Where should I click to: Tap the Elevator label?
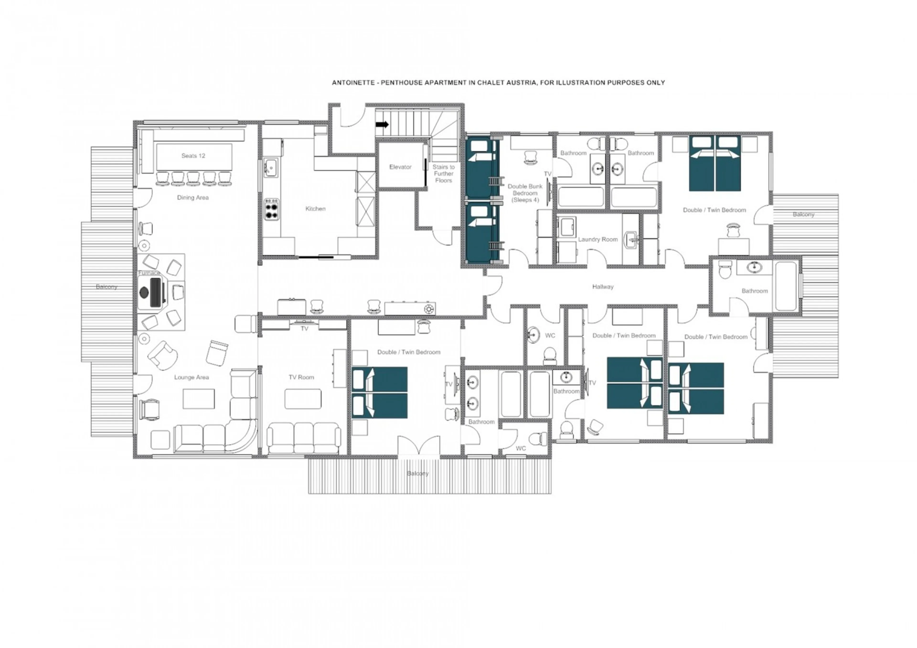tap(400, 167)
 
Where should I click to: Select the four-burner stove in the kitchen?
tap(272, 209)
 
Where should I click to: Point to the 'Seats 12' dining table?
tap(194, 157)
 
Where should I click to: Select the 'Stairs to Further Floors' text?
tap(443, 174)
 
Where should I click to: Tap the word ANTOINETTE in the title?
tap(353, 83)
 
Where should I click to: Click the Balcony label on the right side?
tap(803, 214)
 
